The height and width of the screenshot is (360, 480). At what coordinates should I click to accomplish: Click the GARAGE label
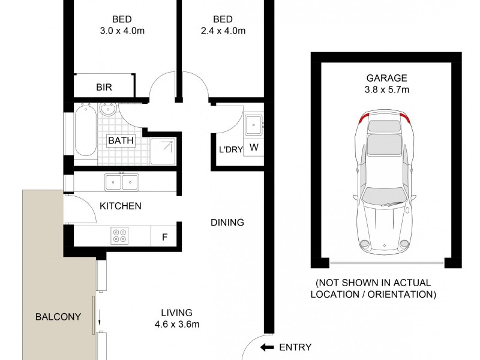coord(386,78)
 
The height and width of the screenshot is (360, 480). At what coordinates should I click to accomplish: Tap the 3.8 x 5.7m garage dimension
coord(386,91)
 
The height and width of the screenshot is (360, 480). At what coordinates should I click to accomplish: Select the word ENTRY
coord(295,347)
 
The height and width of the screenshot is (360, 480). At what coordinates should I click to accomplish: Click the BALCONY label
coord(58,317)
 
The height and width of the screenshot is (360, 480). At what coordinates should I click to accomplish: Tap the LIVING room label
coord(176,313)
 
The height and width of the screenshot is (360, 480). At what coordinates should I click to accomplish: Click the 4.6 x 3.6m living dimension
coord(176,325)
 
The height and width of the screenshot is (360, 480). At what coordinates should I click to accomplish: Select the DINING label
coord(227,223)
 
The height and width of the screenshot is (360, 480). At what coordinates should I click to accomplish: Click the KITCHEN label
coord(121,206)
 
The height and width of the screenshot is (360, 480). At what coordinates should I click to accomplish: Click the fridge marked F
coord(164,236)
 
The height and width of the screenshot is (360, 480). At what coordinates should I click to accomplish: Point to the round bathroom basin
coord(109,110)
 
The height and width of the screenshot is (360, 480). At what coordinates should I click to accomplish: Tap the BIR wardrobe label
coord(104,87)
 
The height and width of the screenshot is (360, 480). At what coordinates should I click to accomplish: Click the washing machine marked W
coord(254,148)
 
